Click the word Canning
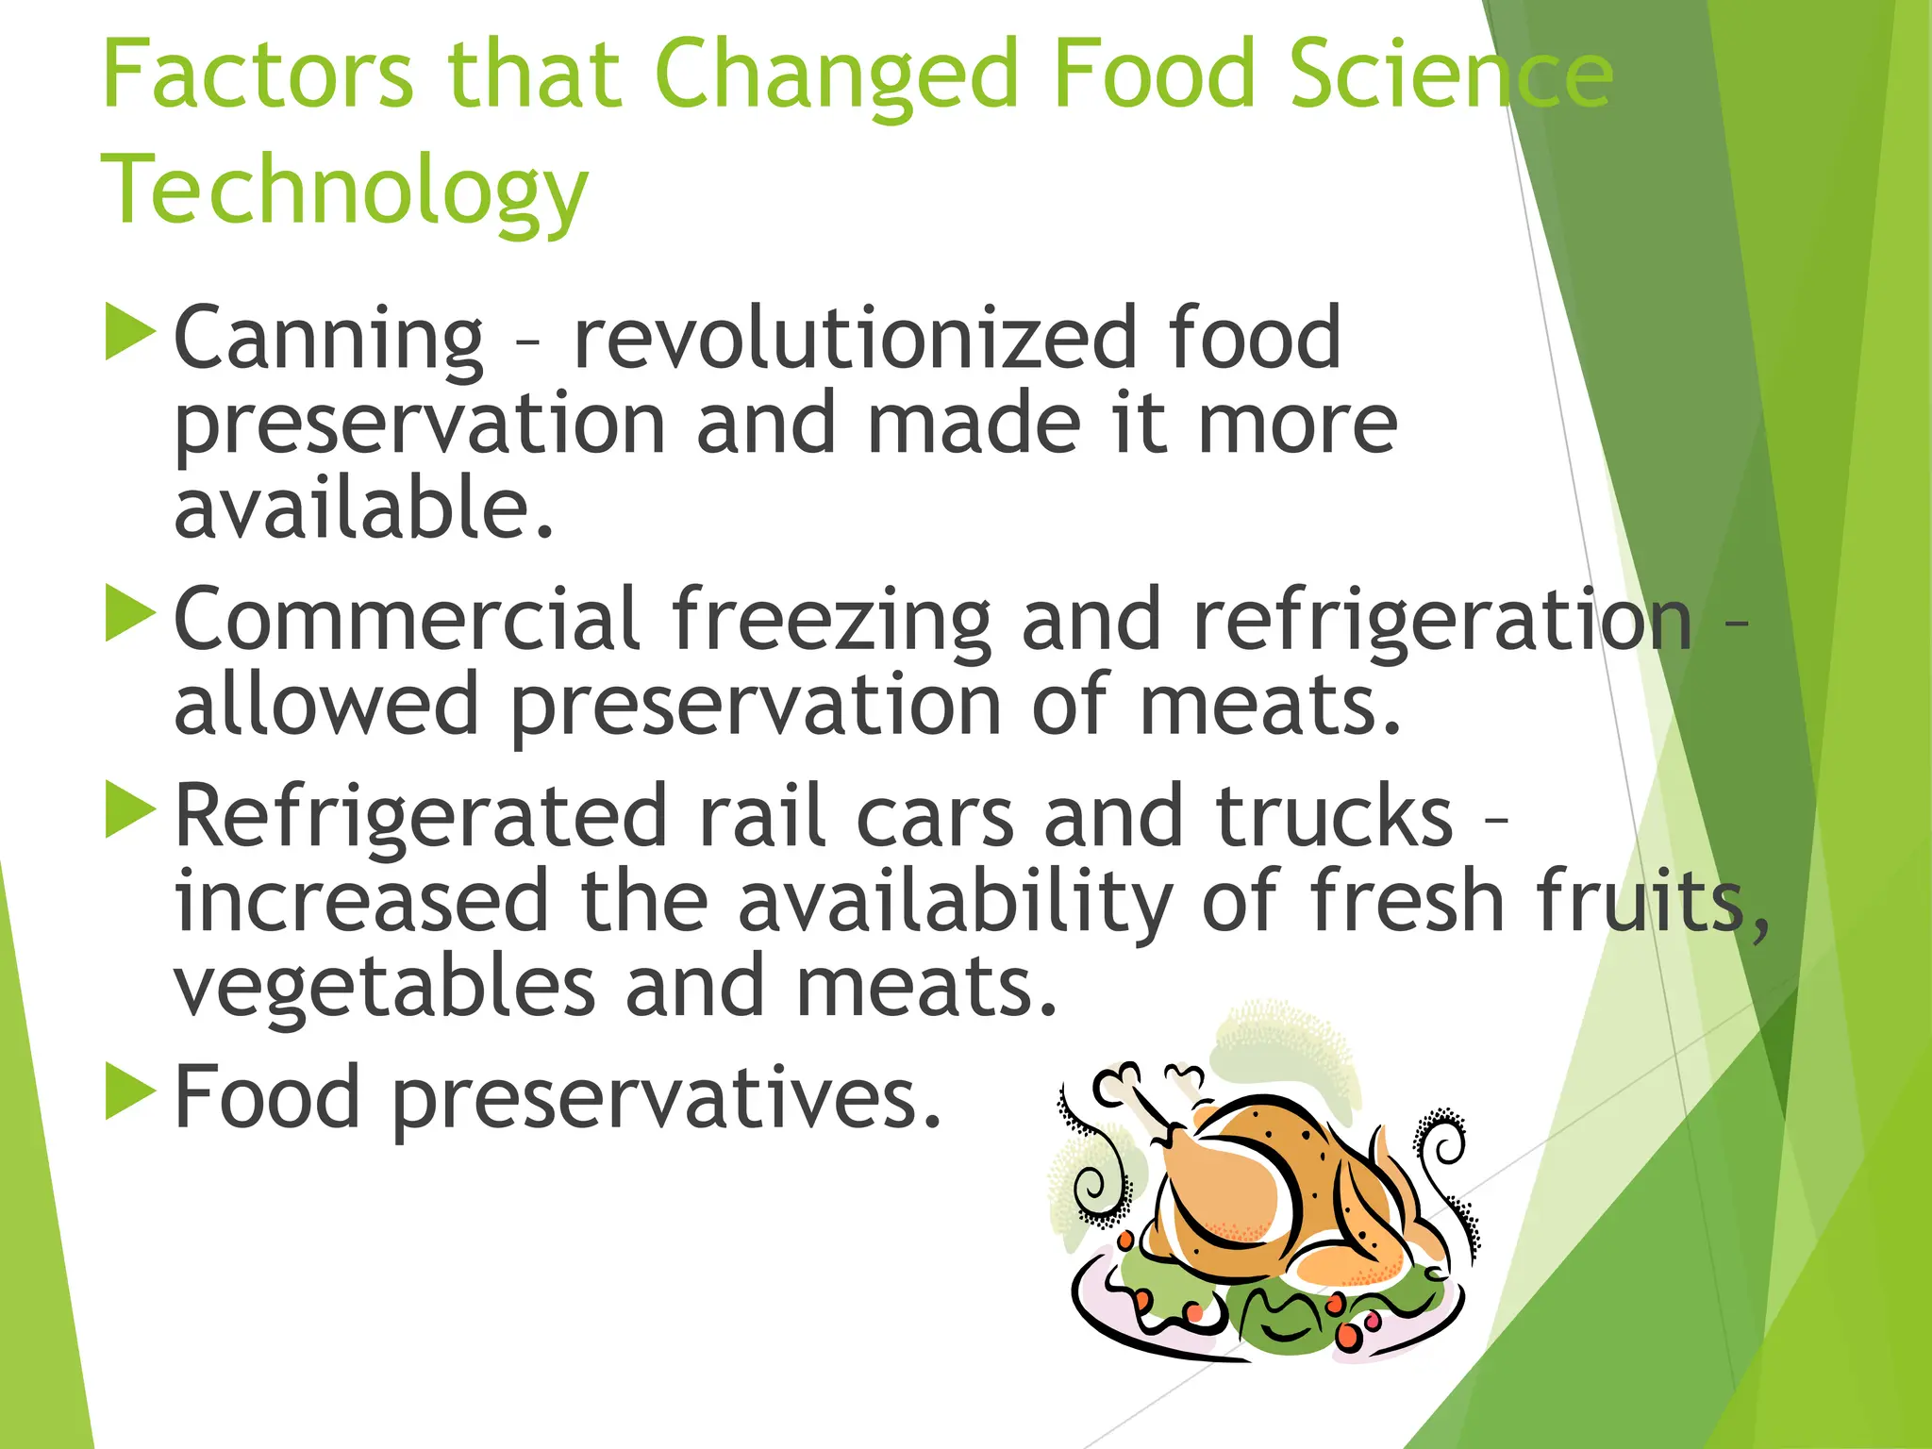328,340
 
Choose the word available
363,508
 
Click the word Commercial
408,620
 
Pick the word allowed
326,705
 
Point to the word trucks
1334,816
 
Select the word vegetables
384,990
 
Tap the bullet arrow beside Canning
129,331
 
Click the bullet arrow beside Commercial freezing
129,613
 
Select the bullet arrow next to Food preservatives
129,1091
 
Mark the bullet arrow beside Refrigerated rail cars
129,809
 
